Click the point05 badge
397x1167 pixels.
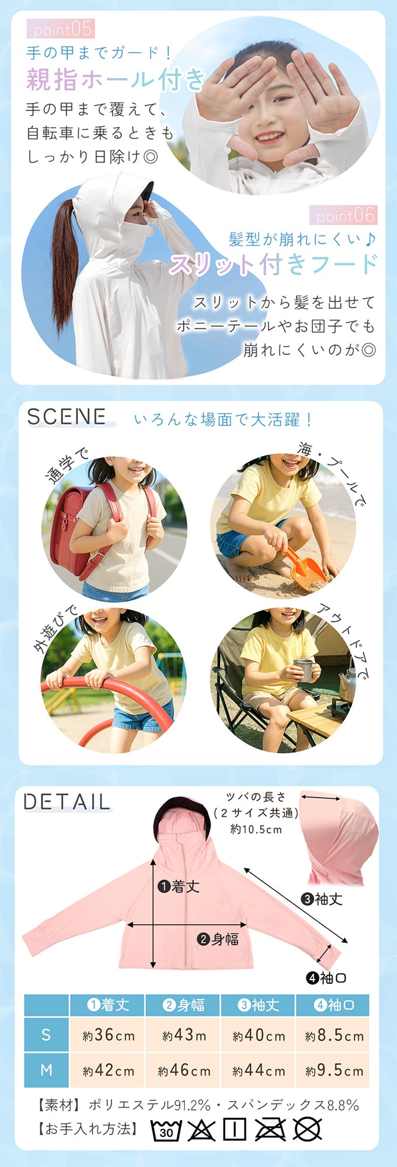[60, 28]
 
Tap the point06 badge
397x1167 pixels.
[343, 215]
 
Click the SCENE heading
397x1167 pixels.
[67, 417]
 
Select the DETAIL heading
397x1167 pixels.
[67, 802]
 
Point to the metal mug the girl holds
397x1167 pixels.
[304, 670]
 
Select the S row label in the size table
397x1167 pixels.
[46, 1035]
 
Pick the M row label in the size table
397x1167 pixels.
[46, 1070]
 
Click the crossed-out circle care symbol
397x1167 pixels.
[308, 1130]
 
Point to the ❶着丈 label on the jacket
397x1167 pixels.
[179, 887]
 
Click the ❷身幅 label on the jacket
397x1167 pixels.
[218, 939]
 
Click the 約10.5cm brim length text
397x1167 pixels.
[256, 829]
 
